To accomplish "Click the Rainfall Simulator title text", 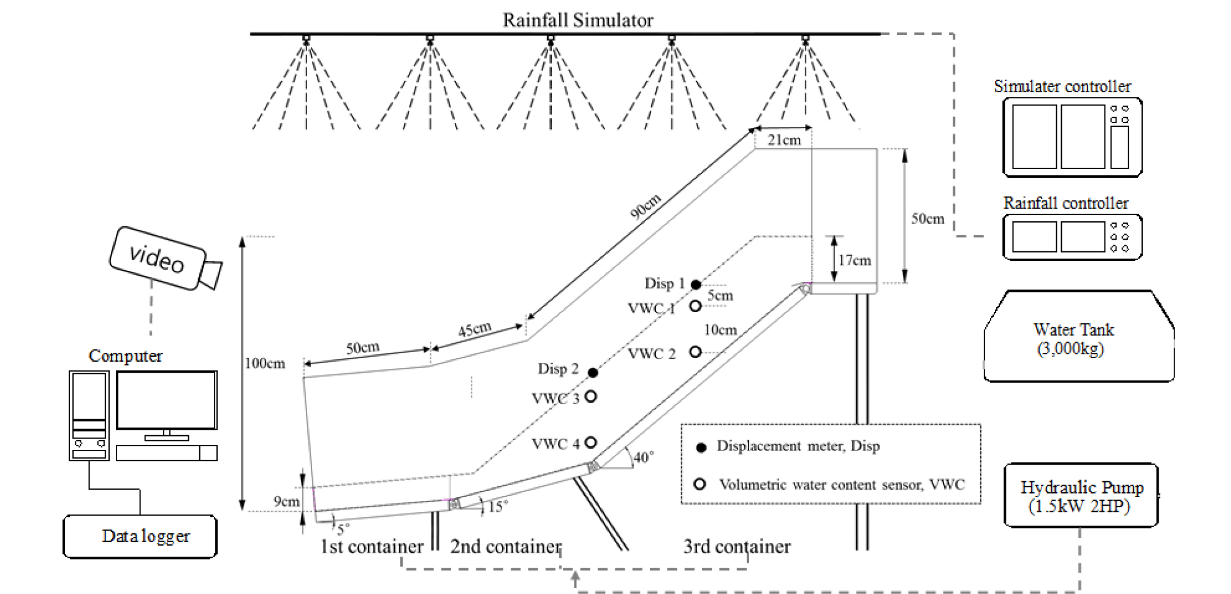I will pos(577,20).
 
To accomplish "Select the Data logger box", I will pos(140,536).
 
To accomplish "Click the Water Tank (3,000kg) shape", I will pos(1078,337).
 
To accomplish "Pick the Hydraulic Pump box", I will pos(1081,496).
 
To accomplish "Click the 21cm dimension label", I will pos(784,140).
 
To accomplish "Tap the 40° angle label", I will pos(643,457).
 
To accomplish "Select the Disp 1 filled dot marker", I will pos(696,284).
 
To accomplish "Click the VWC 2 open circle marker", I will pos(695,352).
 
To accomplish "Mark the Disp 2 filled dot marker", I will pos(593,372).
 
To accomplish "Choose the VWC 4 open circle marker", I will pos(591,442).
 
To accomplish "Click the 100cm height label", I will pos(265,364).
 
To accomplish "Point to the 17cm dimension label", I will pos(855,261).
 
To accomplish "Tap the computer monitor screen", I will pos(166,400).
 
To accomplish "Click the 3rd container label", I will pos(737,546).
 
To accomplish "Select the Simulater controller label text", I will pos(1062,86).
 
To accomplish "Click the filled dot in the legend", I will pos(701,447).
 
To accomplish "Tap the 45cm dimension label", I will pos(474,330).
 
